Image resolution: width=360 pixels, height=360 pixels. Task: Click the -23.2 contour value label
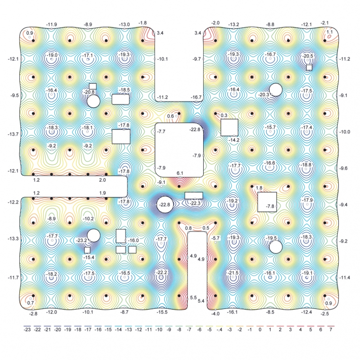pos(81,240)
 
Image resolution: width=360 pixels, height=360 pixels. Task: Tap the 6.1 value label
pos(180,173)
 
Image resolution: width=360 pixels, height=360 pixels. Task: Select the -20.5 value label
pos(307,56)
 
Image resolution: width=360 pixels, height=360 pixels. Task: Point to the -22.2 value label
pos(162,272)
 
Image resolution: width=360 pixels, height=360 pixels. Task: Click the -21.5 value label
pos(233,273)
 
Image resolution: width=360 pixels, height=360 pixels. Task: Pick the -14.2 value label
pos(234,140)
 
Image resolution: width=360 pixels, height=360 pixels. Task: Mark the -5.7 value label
pos(216,238)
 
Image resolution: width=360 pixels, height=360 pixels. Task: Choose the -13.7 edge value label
pos(13,134)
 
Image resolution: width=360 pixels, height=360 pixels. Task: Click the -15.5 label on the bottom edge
pos(162,312)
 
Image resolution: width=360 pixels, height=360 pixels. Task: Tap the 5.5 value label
pos(193,297)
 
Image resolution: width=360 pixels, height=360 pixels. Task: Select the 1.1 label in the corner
pos(330,32)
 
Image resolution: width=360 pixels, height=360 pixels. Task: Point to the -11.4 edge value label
pos(345,278)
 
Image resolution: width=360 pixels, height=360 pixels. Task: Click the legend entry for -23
pos(27,328)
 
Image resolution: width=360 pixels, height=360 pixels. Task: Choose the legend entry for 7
pos(331,328)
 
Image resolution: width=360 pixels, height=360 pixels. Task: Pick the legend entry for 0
pos(260,328)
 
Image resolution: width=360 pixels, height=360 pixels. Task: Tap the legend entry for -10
pos(159,328)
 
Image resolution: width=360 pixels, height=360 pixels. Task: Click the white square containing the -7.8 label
pos(267,202)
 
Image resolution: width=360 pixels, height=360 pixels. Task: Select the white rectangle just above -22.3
pos(194,196)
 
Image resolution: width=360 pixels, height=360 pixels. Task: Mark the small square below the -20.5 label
pos(309,67)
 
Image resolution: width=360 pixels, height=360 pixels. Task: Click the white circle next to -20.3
pos(276,90)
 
